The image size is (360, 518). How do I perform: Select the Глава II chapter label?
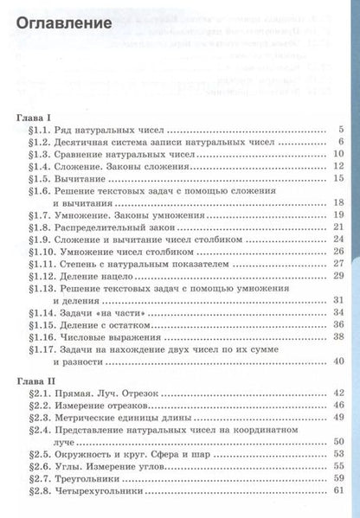(x=36, y=379)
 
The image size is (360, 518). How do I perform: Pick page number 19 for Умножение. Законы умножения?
(x=340, y=214)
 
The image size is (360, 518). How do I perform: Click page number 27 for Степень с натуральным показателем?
(x=340, y=262)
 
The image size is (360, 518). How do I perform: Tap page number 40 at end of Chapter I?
(x=340, y=360)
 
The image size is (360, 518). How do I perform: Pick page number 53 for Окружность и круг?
(x=340, y=453)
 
